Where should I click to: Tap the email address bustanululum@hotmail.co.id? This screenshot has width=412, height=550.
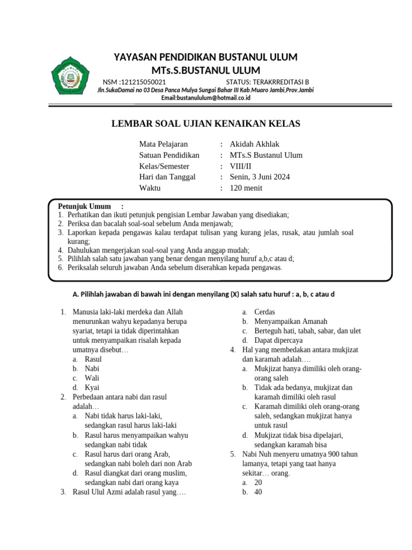[206, 98]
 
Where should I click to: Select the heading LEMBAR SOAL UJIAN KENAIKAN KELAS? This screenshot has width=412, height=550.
[205, 124]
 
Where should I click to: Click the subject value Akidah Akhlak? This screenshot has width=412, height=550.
[254, 144]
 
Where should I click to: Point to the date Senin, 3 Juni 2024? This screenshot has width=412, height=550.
[259, 177]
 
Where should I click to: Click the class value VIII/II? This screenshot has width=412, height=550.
[240, 166]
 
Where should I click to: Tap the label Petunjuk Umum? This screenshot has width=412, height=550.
[84, 206]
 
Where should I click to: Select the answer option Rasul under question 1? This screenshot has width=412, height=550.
[93, 359]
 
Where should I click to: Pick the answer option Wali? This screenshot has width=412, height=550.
[92, 378]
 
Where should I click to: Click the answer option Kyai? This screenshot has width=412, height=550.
[92, 387]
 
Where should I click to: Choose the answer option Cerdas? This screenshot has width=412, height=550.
[265, 312]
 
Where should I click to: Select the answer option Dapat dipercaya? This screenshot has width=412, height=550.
[278, 340]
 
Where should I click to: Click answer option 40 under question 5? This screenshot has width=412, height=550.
[258, 492]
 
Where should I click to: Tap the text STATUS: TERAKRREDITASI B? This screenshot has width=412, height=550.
[267, 82]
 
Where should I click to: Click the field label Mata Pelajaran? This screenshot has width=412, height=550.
[164, 144]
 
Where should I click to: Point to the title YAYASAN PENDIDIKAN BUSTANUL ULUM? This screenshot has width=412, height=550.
[206, 57]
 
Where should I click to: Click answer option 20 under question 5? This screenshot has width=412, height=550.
[258, 482]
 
